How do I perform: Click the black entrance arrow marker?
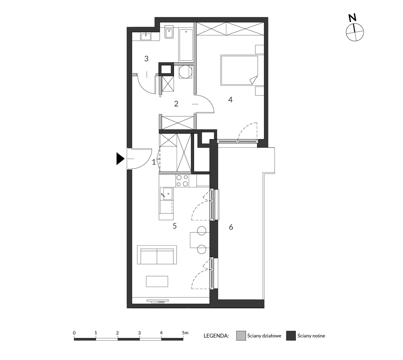coord(120,159)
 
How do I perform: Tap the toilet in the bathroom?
coord(169,32)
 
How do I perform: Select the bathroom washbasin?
coord(146,37)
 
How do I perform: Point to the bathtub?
coord(186,45)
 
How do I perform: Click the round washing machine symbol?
coord(185,72)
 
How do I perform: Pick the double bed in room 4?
coord(239,70)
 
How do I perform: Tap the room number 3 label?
coord(146,59)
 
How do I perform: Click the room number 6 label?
coord(231,227)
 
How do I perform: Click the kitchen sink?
coord(166,194)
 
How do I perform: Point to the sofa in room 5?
coord(157,255)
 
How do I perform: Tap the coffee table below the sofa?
coord(157,281)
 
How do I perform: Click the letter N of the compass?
coord(352,18)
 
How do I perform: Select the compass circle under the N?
coord(355,32)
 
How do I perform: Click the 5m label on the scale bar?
coord(185,333)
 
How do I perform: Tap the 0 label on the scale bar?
coord(74,333)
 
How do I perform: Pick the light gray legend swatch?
coord(241,336)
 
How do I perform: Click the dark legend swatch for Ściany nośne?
coord(291,336)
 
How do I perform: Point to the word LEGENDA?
coord(216,336)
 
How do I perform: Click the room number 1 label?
coord(154,162)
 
